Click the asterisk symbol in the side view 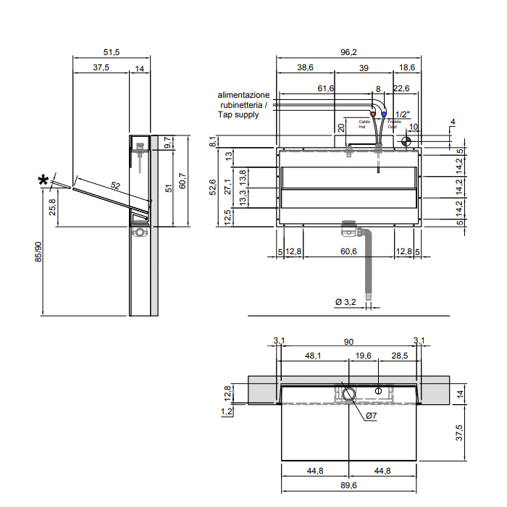pos(45,180)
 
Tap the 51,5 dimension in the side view pos(111,52)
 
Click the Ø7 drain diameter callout pos(370,415)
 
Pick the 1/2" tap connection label pos(403,114)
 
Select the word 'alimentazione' pos(244,95)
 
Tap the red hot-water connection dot pos(373,114)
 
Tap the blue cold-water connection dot pos(384,114)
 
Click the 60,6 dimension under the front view pos(348,251)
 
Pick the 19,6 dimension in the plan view pos(364,356)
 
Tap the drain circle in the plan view pos(348,394)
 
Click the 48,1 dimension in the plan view pos(314,356)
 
